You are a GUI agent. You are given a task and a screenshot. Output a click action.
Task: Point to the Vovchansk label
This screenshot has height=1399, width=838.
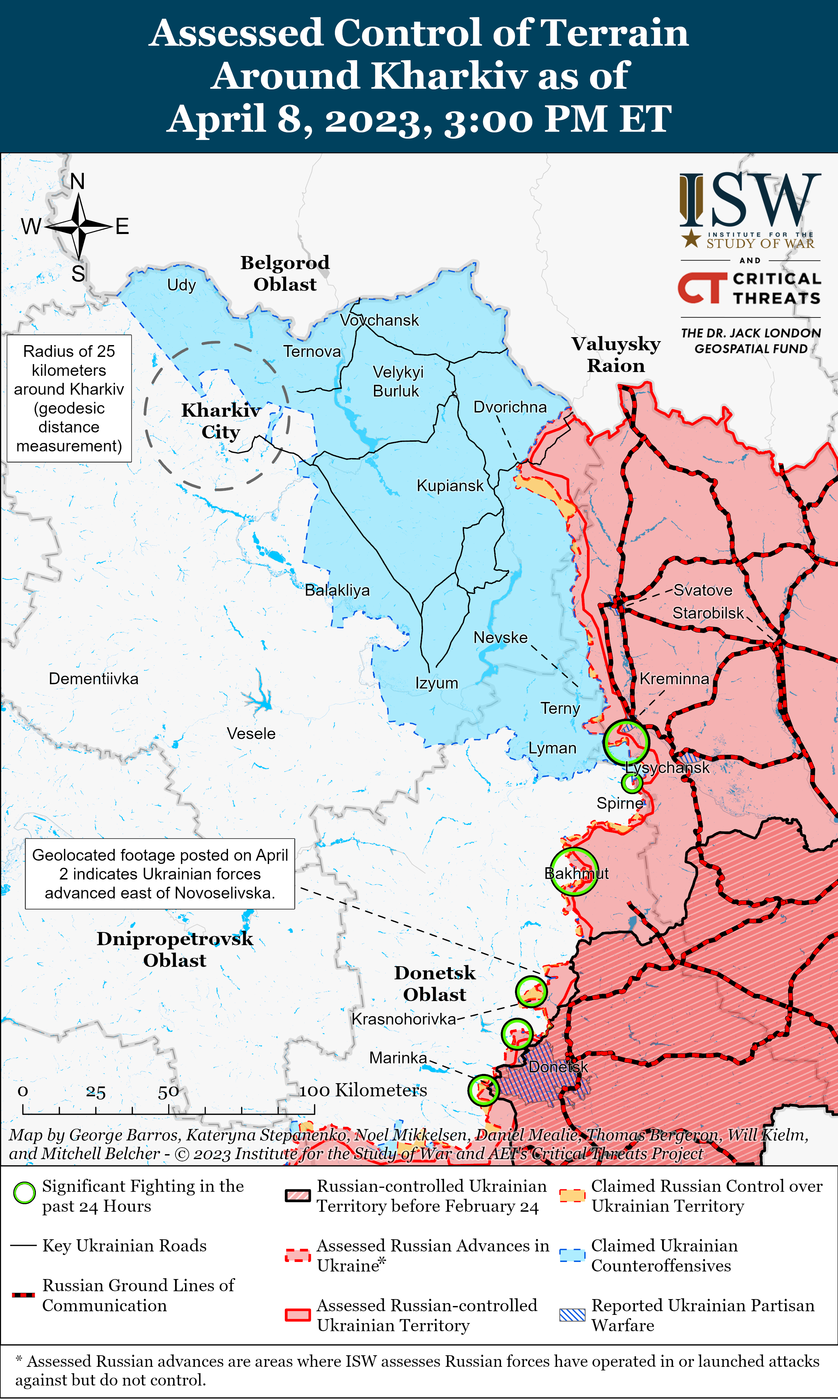point(380,320)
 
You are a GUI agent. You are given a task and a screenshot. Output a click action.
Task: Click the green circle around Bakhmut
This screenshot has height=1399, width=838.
point(574,871)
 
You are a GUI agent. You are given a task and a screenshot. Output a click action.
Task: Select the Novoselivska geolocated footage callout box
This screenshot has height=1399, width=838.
point(160,874)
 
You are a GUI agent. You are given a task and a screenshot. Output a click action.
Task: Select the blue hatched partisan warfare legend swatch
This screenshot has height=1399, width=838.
point(572,1315)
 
